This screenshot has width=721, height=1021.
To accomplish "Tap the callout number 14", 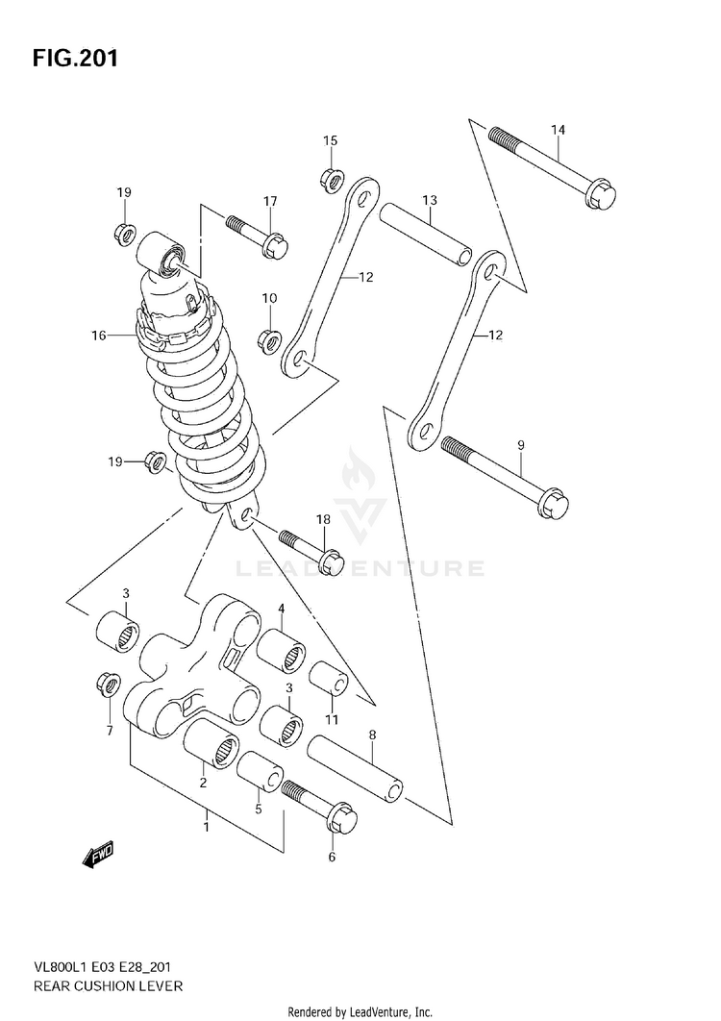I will (x=559, y=131).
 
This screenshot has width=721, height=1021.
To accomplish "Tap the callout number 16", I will (x=98, y=336).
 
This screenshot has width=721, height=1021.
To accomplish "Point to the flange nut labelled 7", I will (x=107, y=685).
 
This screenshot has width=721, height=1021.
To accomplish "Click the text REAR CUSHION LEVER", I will (x=96, y=986).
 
